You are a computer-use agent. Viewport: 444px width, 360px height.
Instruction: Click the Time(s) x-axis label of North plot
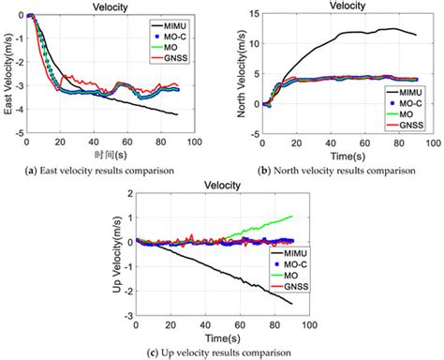point(336,155)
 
